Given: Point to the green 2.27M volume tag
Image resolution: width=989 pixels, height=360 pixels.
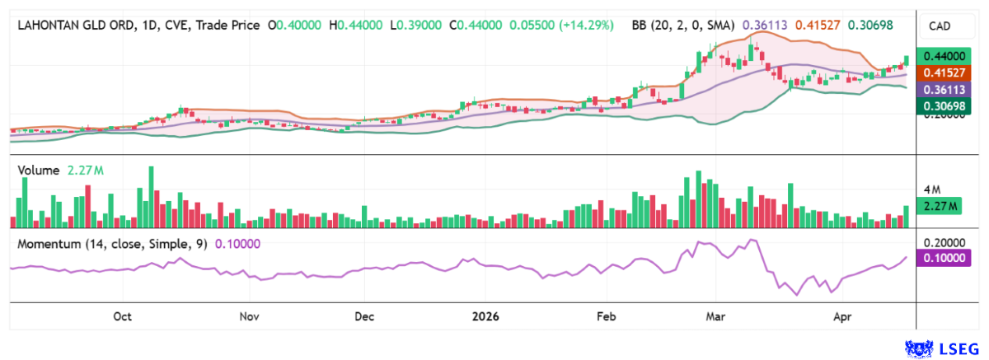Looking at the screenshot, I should coord(940,206).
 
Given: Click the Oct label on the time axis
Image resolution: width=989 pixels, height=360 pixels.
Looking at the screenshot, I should coord(123,316).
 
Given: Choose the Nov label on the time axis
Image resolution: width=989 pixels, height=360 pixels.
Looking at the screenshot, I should coord(250,316).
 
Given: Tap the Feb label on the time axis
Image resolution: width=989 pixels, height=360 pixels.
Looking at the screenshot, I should coord(606,316).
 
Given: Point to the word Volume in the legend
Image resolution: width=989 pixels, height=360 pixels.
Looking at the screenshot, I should coord(38,171).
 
